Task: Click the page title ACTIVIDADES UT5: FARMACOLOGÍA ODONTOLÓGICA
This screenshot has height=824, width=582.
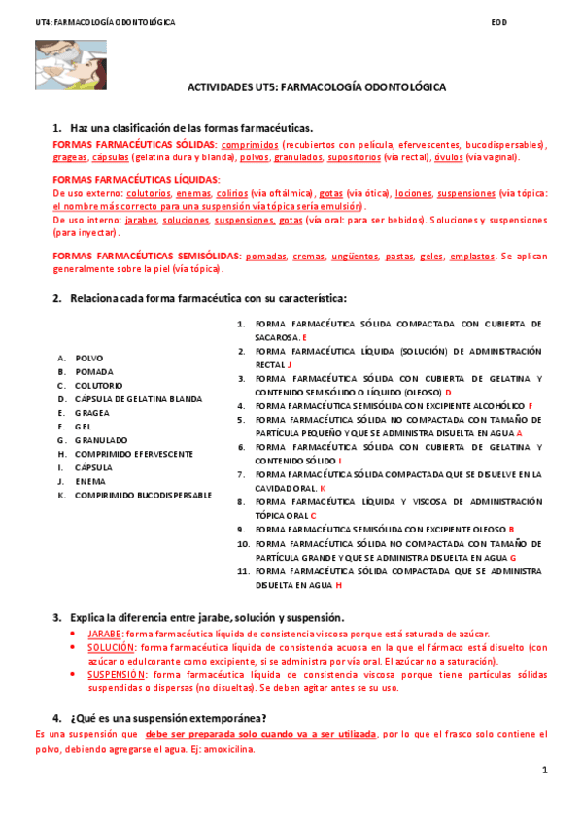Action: click(316, 86)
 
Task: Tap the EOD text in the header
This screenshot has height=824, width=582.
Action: click(499, 22)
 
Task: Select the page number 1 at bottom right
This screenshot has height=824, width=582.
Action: click(545, 770)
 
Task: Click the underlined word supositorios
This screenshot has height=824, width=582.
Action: click(354, 156)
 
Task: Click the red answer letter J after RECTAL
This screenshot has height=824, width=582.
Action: click(290, 364)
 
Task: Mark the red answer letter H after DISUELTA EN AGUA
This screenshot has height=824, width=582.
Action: click(339, 586)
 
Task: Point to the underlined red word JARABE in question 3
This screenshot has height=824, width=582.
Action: click(105, 633)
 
